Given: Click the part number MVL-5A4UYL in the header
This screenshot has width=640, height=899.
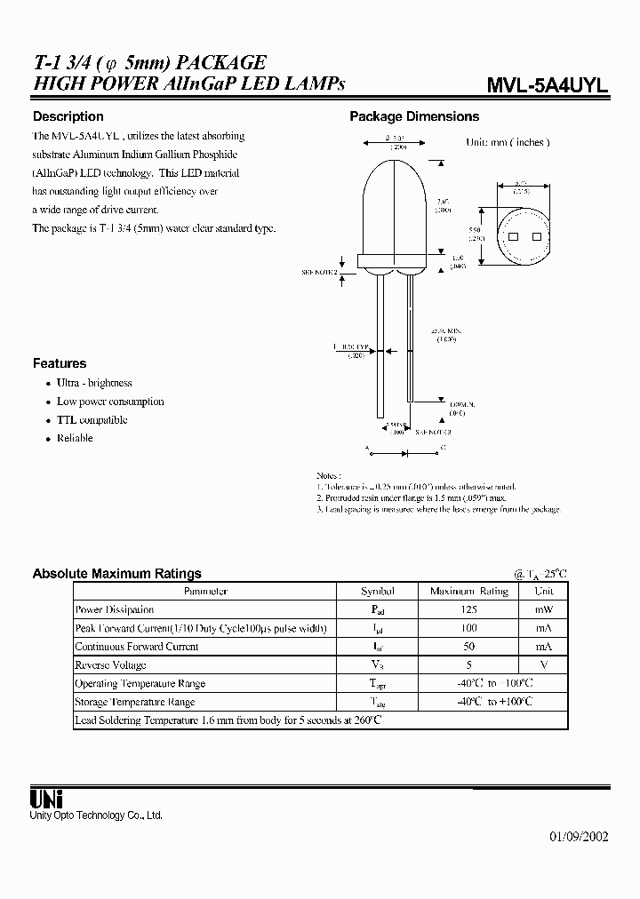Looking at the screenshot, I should pos(548,85).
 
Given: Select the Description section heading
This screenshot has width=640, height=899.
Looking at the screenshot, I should pos(68,116).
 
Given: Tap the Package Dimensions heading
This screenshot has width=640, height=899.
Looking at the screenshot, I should pos(414,116).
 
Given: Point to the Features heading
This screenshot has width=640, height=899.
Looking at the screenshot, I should pos(60,363).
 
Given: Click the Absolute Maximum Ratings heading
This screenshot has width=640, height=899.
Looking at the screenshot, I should pos(116,573).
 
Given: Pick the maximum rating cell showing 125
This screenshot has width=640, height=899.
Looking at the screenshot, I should pos(468,609).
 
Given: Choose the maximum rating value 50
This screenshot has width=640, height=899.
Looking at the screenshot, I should pos(468,647).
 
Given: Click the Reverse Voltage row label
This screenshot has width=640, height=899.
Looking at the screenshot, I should pos(111,665).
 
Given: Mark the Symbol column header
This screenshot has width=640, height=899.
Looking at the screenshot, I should pos(378,591).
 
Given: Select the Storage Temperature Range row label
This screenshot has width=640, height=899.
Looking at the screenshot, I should pos(140,702).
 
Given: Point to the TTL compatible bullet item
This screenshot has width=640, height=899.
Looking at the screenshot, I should pos(92,420).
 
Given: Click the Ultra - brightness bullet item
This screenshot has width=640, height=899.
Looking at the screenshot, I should pos(94,383).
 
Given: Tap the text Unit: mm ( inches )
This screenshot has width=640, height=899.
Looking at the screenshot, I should pos(508,142).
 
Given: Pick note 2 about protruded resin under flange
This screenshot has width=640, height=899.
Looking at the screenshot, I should pos(411,498).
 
